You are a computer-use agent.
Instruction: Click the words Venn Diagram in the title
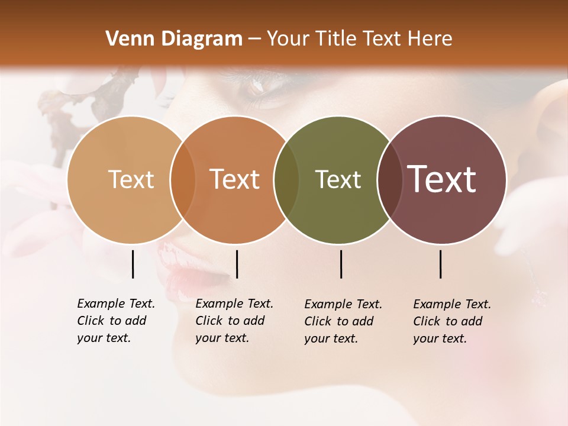tap(174, 39)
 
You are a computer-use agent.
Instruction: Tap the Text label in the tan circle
tap(131, 179)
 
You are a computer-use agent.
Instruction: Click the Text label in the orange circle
tap(234, 179)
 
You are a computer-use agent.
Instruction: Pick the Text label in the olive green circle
tap(338, 179)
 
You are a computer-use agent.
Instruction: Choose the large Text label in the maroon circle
tap(442, 179)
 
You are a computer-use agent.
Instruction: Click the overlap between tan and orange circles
tap(183, 180)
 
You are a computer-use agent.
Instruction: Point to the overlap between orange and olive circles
tap(286, 180)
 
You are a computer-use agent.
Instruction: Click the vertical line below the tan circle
tap(133, 264)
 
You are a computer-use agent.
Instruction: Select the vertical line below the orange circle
tap(237, 264)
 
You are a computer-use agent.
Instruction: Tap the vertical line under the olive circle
tap(341, 264)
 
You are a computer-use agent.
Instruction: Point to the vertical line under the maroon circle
tap(440, 264)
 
